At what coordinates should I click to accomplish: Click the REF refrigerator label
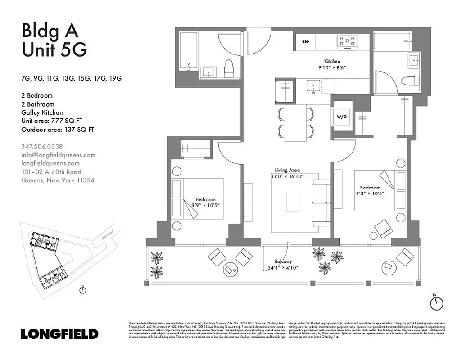tap(305, 42)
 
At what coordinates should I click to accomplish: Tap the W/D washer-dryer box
tap(342, 117)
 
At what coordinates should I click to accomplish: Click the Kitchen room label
tap(332, 61)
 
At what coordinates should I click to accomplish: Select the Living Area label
tap(287, 171)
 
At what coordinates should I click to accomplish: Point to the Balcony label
tap(284, 261)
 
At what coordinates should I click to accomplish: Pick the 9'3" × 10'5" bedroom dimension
tap(370, 194)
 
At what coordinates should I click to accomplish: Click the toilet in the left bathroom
tap(228, 68)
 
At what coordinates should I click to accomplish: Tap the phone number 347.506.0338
tap(42, 146)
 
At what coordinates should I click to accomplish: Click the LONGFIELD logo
tap(59, 334)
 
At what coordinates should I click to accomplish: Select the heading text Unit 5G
tap(54, 50)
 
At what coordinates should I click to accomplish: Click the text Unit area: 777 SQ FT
tap(54, 121)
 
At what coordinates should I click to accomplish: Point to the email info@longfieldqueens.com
tap(59, 155)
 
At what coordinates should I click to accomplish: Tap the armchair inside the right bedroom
tap(383, 229)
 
